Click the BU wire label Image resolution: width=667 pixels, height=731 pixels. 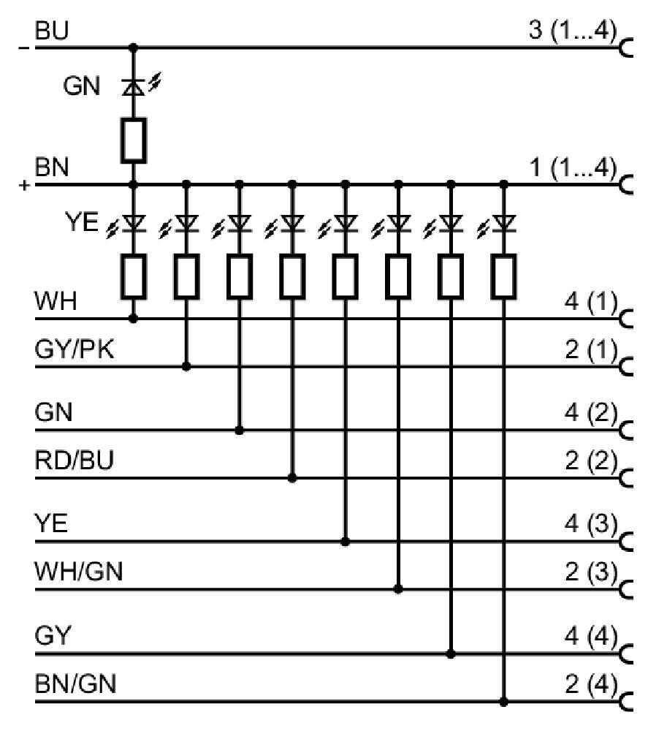coord(52,30)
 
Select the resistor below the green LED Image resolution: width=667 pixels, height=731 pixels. coord(134,140)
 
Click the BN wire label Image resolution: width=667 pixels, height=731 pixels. coord(52,167)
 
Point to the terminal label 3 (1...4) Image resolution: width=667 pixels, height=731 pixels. coord(573,30)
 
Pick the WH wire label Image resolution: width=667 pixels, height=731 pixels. coord(56,301)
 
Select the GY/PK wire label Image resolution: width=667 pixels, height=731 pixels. coord(75,349)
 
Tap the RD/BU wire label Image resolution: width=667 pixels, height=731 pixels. coord(75,460)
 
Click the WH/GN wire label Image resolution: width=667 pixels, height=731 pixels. coord(79,572)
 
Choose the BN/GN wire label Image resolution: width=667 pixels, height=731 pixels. coord(75,684)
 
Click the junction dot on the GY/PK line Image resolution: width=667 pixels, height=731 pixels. coord(186,367)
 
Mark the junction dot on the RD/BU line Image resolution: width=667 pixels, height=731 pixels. coord(292,478)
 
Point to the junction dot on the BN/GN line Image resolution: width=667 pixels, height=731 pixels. coord(503,702)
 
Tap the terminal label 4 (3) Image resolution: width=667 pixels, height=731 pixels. coord(590,524)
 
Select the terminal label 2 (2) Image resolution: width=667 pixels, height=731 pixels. coord(590,461)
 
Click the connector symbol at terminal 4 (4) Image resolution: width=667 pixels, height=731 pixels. coord(627,654)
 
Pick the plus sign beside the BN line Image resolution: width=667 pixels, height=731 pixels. coord(24,186)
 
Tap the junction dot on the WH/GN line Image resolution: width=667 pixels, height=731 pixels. coord(397,589)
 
